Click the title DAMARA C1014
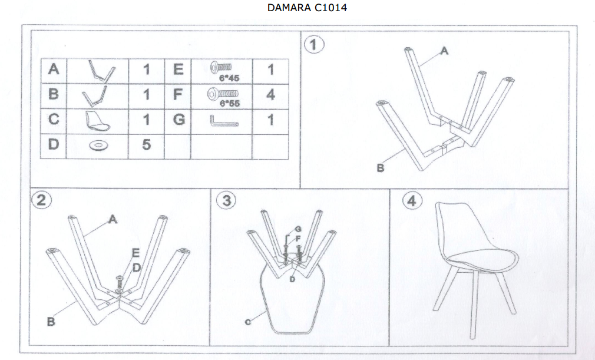point(307,8)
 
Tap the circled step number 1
point(314,45)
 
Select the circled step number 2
point(41,200)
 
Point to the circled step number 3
point(226,200)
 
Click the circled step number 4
point(412,200)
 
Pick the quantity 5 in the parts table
point(147,144)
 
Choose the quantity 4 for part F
point(270,94)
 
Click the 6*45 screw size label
point(229,78)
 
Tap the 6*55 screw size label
point(230,103)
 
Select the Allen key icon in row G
point(223,122)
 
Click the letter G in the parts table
point(178,120)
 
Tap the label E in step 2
point(136,253)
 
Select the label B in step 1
point(381,168)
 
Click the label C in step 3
point(248,322)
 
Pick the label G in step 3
point(298,229)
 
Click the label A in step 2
point(113,219)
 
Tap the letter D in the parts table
point(54,144)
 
